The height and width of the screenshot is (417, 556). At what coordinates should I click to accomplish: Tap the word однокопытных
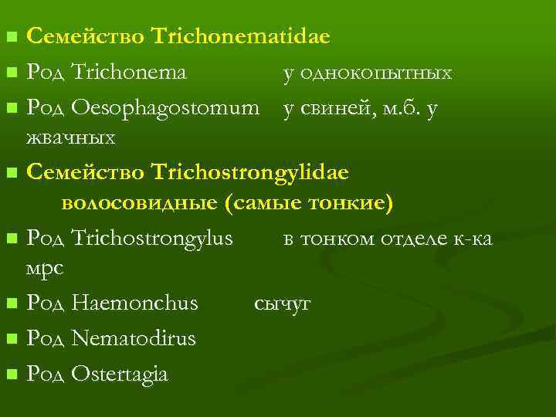368,73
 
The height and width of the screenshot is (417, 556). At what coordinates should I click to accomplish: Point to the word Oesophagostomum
164,110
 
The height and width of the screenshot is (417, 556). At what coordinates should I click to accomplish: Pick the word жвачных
71,138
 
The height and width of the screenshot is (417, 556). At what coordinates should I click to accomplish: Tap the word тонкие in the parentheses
351,203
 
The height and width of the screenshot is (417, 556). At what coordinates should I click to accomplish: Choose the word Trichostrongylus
151,239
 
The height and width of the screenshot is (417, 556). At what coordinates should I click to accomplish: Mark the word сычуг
282,303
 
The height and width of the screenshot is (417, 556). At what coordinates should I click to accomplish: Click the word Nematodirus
133,338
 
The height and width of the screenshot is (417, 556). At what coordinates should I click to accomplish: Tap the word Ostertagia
119,374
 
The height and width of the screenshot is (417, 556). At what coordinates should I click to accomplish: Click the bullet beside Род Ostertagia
10,375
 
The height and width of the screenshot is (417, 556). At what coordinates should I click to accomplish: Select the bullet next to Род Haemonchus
10,304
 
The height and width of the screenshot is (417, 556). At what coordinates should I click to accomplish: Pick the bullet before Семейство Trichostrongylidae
10,172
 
